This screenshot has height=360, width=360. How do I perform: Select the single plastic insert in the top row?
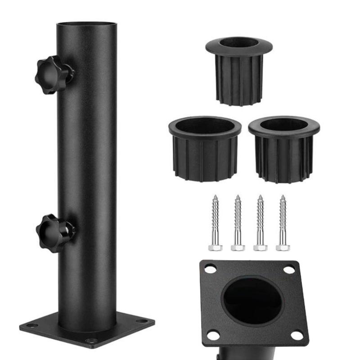point(238,70)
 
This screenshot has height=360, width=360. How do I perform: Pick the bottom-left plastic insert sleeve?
point(205,148)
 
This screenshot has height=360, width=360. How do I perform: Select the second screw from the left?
point(238,223)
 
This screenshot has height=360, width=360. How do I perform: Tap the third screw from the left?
point(260,223)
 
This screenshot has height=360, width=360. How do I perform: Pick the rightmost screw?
point(283,223)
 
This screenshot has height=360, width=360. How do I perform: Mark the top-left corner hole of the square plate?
point(210,269)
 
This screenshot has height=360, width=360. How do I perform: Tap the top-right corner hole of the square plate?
point(289,270)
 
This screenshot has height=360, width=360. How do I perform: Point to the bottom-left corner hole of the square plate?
point(213,334)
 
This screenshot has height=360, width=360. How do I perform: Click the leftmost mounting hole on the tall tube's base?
point(32,325)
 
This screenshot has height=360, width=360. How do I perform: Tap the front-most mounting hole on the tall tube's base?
point(91,341)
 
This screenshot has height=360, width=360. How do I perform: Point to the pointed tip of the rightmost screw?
point(283,196)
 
